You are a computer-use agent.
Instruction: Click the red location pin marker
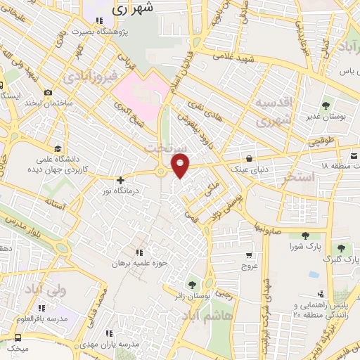181,165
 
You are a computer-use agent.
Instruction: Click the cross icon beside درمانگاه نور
120,180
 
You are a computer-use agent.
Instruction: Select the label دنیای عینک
250,169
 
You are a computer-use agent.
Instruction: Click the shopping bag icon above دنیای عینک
250,158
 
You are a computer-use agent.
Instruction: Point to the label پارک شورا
304,247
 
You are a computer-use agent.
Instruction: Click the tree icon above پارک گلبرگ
342,247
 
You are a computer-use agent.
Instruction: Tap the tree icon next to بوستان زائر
192,285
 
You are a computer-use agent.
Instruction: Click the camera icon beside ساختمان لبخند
48,93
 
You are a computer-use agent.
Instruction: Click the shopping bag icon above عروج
250,257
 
